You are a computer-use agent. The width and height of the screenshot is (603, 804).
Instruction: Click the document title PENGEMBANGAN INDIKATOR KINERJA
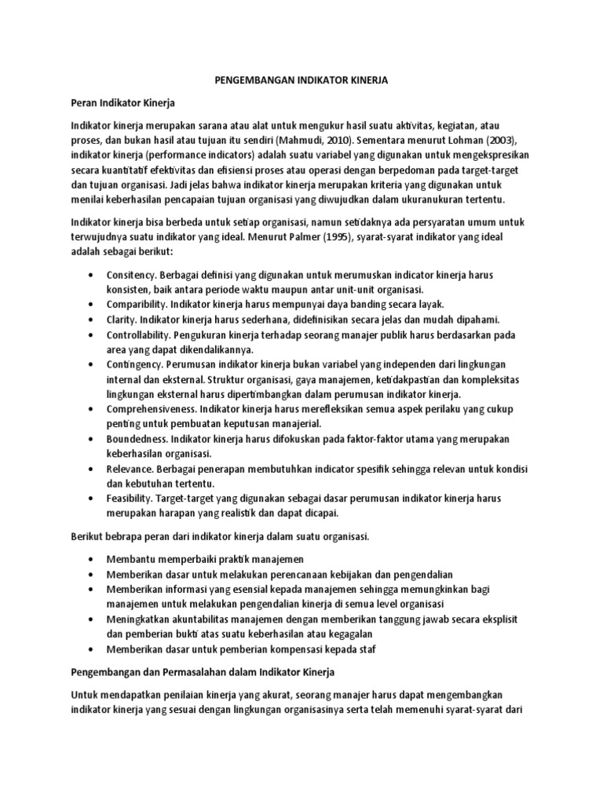coord(301,80)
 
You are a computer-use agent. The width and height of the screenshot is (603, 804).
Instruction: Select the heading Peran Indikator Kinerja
coord(123,103)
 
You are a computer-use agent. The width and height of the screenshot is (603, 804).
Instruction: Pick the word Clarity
coord(120,320)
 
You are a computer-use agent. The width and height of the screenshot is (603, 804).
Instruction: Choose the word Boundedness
coord(134,439)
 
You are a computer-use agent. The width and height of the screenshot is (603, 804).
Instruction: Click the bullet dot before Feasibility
coord(92,499)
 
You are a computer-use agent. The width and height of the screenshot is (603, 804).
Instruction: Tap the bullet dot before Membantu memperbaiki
coord(92,559)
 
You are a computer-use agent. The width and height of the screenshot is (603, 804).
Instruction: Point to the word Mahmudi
coord(301,141)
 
